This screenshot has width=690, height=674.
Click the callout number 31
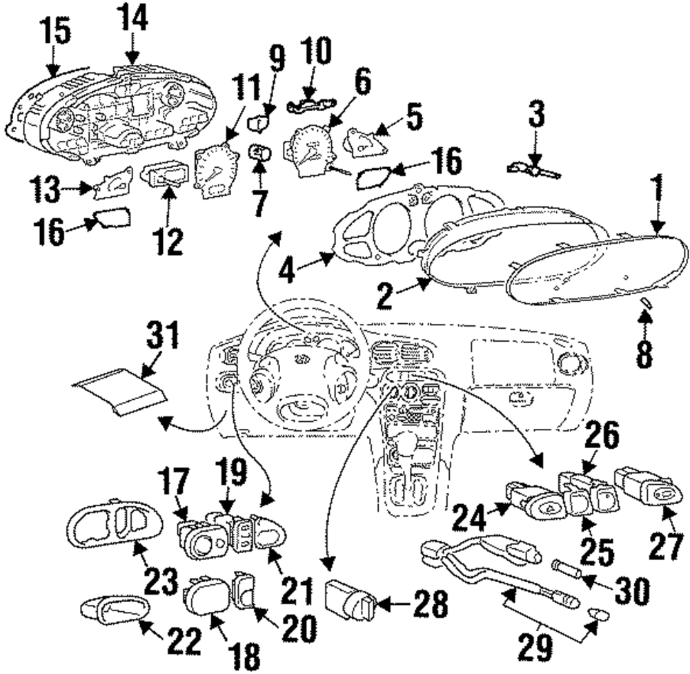tap(164, 335)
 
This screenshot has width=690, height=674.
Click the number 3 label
tap(536, 113)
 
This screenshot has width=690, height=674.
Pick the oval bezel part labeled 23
tap(115, 523)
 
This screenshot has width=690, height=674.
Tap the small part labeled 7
tap(260, 154)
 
